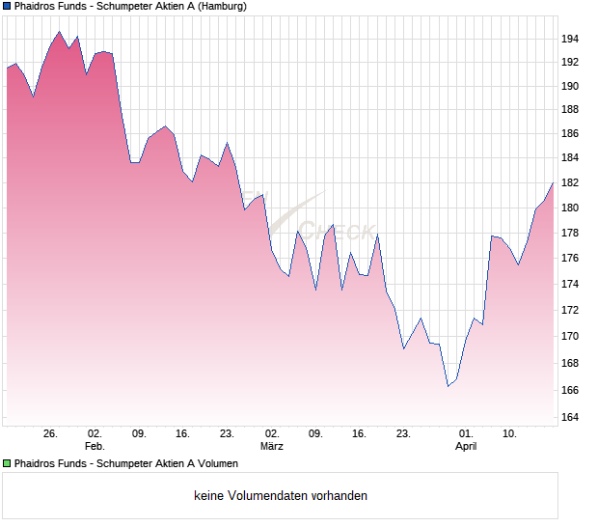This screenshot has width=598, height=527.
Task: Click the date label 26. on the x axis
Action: tap(51, 434)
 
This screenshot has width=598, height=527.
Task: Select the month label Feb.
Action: tap(95, 447)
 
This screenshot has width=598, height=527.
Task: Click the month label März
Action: tap(272, 447)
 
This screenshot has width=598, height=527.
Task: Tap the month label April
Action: tap(466, 447)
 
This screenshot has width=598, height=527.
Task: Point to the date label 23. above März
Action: tap(227, 434)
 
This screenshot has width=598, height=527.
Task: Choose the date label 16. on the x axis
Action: tap(359, 434)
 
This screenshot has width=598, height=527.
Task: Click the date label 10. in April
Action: tap(510, 434)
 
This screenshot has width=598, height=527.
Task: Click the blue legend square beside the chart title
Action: tap(7, 7)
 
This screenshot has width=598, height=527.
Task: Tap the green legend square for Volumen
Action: tap(7, 464)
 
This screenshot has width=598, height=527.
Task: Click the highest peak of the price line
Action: tap(59, 32)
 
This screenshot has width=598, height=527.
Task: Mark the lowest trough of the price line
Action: tap(448, 386)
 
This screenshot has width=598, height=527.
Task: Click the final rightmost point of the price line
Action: tap(553, 181)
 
